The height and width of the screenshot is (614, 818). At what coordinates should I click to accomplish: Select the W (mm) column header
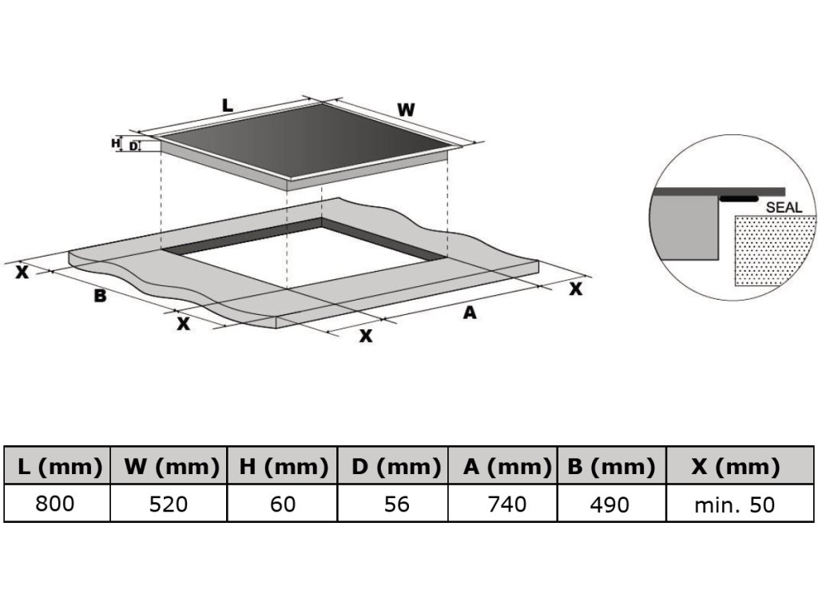(169, 467)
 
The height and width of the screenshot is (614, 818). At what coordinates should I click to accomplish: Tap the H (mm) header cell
(282, 467)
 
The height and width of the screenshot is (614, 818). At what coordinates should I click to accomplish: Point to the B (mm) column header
(611, 467)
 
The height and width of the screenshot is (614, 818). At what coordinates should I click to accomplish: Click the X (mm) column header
(735, 467)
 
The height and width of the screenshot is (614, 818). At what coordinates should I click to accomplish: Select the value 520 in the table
(169, 504)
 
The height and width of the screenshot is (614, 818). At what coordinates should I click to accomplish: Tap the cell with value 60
(282, 504)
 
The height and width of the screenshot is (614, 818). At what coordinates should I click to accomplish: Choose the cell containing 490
(611, 504)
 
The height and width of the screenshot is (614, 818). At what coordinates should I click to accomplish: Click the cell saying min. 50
(735, 504)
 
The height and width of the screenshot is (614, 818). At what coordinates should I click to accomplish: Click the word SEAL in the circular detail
(784, 207)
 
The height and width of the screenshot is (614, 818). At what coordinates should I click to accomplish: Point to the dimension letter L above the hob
(227, 105)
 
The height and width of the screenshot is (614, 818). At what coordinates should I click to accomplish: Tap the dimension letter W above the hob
(407, 110)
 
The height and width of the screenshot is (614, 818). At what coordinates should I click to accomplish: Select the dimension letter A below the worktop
(470, 313)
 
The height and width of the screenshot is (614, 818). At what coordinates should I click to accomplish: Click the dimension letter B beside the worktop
(100, 296)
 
